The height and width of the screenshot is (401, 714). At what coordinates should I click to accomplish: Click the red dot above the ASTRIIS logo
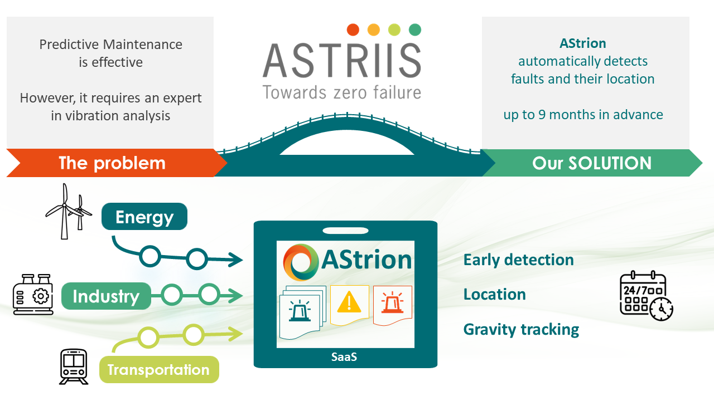click(x=353, y=30)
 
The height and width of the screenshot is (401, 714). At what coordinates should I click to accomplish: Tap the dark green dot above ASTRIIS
click(x=414, y=30)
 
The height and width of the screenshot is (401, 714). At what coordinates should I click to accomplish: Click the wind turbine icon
click(x=69, y=211)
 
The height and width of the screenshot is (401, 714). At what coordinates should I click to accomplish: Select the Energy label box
click(x=144, y=217)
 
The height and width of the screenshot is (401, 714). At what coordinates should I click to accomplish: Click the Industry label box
click(x=106, y=296)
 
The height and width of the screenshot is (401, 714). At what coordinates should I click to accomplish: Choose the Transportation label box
click(x=159, y=369)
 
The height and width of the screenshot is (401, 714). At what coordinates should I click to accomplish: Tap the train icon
click(x=74, y=366)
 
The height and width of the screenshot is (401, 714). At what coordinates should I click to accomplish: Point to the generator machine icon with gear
click(x=33, y=295)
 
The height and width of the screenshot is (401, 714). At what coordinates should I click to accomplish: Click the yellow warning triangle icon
click(x=349, y=301)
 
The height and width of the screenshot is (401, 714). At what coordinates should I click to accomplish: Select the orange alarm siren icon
click(x=392, y=302)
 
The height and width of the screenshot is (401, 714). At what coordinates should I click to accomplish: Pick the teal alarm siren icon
click(x=300, y=310)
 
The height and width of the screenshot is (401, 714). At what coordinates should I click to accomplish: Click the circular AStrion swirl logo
click(x=301, y=262)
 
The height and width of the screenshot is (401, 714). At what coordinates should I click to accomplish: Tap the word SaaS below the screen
click(x=344, y=357)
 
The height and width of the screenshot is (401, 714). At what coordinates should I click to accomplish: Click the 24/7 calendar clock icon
click(x=647, y=296)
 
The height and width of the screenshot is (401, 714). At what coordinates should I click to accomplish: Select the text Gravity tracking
click(x=521, y=329)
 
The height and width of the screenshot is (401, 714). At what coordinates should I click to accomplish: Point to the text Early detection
click(x=519, y=260)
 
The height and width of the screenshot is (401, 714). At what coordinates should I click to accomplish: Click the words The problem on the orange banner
click(x=112, y=163)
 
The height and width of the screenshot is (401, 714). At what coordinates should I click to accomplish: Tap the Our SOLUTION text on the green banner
click(x=592, y=163)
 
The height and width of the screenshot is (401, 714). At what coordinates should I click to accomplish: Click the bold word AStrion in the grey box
click(x=583, y=43)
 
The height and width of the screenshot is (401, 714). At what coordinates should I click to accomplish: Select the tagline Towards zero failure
click(x=342, y=92)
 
